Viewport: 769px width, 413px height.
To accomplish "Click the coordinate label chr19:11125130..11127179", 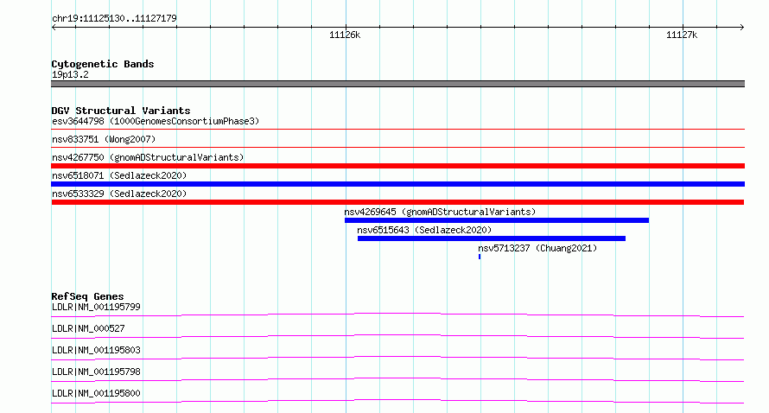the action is (114, 18).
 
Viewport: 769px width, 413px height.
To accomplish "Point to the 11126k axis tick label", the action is (345, 35).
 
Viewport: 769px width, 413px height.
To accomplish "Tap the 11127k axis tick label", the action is (682, 35).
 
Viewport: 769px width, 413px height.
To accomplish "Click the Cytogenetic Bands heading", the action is (103, 64).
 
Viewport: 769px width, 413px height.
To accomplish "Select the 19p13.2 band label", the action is (70, 74).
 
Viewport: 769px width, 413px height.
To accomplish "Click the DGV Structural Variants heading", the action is (121, 111).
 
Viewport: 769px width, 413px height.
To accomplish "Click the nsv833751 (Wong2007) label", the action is (104, 139).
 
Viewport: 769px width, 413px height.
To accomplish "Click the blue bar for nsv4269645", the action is (497, 220).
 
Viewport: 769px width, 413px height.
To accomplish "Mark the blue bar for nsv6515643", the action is (492, 238).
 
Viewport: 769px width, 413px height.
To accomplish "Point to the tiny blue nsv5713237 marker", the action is (480, 257).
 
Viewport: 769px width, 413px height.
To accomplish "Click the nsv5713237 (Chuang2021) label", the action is (537, 248).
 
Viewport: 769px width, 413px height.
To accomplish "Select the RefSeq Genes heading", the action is (87, 296).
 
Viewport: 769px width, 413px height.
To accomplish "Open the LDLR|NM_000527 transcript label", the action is (88, 328).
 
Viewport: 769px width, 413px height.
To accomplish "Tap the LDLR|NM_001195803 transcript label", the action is (96, 350).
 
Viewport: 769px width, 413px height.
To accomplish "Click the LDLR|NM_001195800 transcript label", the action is (96, 393).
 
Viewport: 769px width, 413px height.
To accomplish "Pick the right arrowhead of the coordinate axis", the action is (742, 27).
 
